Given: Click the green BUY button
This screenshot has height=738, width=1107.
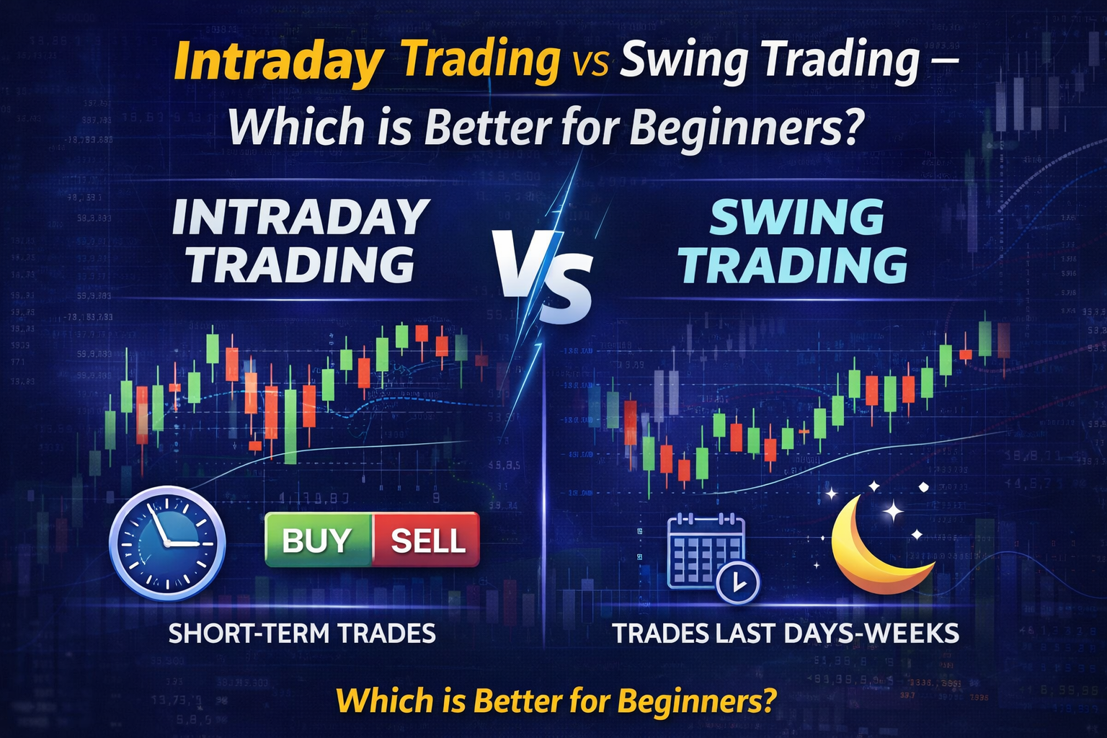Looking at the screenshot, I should click(x=318, y=540).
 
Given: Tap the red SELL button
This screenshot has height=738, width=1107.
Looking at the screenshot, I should click(x=427, y=540).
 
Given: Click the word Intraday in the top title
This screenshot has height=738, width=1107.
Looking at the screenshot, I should click(x=277, y=62).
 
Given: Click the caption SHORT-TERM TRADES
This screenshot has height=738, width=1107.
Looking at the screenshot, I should click(x=302, y=633).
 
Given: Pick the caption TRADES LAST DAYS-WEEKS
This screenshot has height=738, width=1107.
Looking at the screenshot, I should click(x=786, y=633).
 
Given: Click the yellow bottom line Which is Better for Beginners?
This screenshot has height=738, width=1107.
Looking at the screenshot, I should click(x=556, y=701).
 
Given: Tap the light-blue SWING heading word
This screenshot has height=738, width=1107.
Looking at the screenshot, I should click(x=796, y=217).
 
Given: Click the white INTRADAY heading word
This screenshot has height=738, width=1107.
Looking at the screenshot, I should click(x=301, y=217).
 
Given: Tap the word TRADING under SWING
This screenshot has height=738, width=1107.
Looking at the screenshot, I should click(x=793, y=265).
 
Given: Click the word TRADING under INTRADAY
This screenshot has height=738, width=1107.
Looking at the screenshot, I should click(x=301, y=264).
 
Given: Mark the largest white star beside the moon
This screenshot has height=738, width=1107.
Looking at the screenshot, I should click(x=894, y=512).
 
